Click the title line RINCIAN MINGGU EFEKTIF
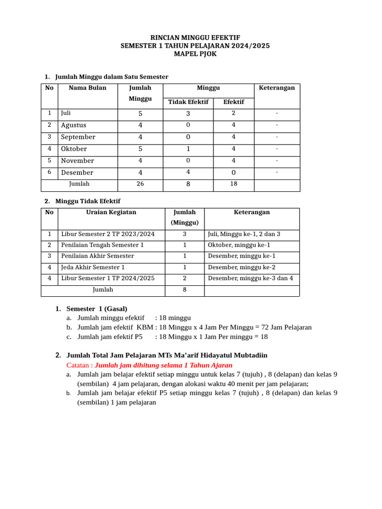coord(195,38)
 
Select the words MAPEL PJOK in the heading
coord(195,54)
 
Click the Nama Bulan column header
coord(88,88)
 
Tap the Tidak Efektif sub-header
coord(188,102)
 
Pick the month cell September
coord(78,137)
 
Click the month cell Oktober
coord(74,149)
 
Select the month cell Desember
coord(77,173)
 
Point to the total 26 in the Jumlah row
coord(140,184)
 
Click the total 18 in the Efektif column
coord(233,184)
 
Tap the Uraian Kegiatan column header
coord(111,212)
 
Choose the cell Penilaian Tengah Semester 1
coord(102,245)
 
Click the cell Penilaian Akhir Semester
coord(97,256)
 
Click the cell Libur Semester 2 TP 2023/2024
coord(107,234)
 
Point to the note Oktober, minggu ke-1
coord(239,245)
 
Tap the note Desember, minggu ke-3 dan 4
coord(250,278)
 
